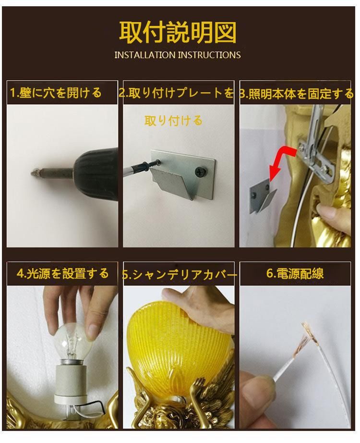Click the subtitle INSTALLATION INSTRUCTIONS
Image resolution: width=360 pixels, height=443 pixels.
tap(178, 55)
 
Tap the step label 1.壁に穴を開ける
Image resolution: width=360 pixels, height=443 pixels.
tap(56, 93)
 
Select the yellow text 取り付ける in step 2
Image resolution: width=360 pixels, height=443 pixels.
tap(173, 121)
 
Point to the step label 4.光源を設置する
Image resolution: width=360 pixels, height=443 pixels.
tap(62, 273)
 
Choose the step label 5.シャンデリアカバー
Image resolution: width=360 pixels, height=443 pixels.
tap(179, 274)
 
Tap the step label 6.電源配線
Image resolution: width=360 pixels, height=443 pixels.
tap(295, 273)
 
